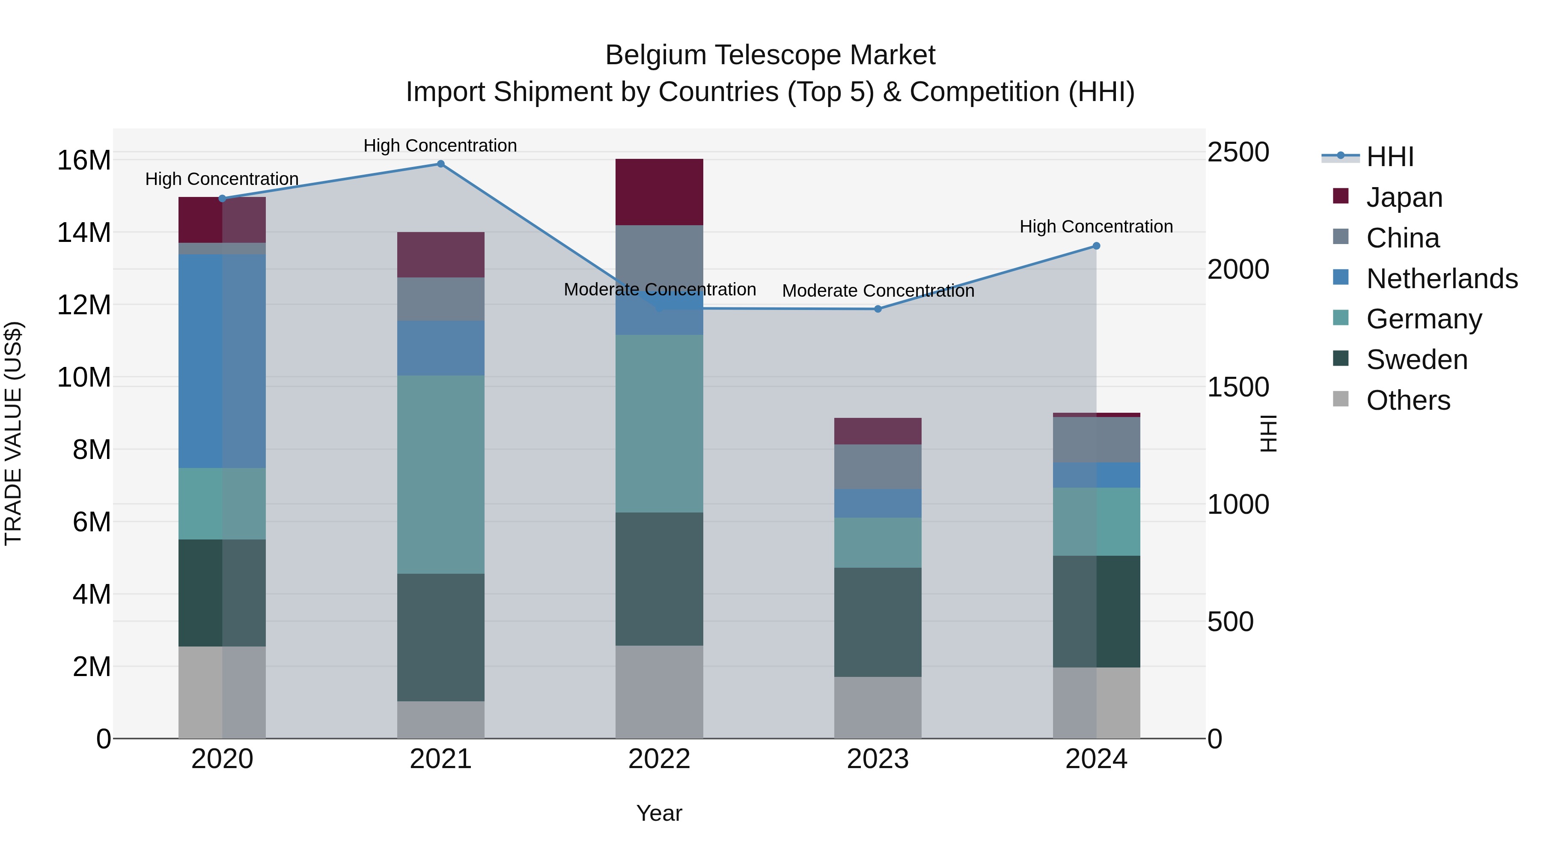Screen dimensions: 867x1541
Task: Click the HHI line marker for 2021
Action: pyautogui.click(x=440, y=164)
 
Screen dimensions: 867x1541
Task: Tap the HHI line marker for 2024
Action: pyautogui.click(x=1096, y=246)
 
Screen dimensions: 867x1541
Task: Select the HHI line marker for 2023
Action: pyautogui.click(x=878, y=310)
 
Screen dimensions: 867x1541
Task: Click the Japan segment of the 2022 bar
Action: pyautogui.click(x=659, y=192)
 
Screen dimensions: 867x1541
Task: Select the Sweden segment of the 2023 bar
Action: pyautogui.click(x=878, y=622)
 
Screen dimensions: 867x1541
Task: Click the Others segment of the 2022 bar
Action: pyautogui.click(x=659, y=692)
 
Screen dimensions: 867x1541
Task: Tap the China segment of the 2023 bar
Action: pyautogui.click(x=878, y=467)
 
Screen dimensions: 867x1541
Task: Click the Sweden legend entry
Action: pyautogui.click(x=1416, y=360)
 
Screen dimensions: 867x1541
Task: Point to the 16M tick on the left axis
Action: pyautogui.click(x=84, y=161)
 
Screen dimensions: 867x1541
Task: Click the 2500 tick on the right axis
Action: pyautogui.click(x=1238, y=152)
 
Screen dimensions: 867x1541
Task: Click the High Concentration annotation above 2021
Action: pyautogui.click(x=440, y=146)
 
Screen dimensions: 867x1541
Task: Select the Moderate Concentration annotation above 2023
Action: pyautogui.click(x=878, y=291)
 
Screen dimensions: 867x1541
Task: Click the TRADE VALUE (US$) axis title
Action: pyautogui.click(x=13, y=433)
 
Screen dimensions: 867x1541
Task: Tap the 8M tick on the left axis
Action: pyautogui.click(x=92, y=450)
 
